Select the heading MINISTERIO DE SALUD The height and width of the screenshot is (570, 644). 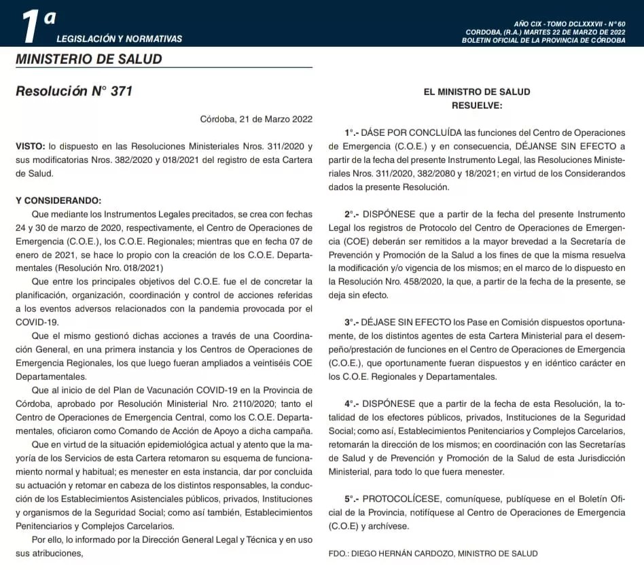(x=89, y=59)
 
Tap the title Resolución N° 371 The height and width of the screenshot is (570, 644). (x=74, y=91)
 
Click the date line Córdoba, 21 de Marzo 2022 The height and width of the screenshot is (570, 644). (x=256, y=119)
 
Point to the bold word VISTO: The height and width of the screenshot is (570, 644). (x=30, y=146)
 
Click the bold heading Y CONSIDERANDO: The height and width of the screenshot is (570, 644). (x=58, y=200)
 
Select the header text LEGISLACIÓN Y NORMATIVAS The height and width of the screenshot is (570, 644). (x=119, y=39)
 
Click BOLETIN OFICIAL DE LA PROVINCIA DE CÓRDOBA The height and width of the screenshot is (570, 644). (x=543, y=41)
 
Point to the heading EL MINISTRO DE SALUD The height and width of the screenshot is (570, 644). (x=477, y=92)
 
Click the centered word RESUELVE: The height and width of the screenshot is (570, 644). (x=477, y=105)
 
